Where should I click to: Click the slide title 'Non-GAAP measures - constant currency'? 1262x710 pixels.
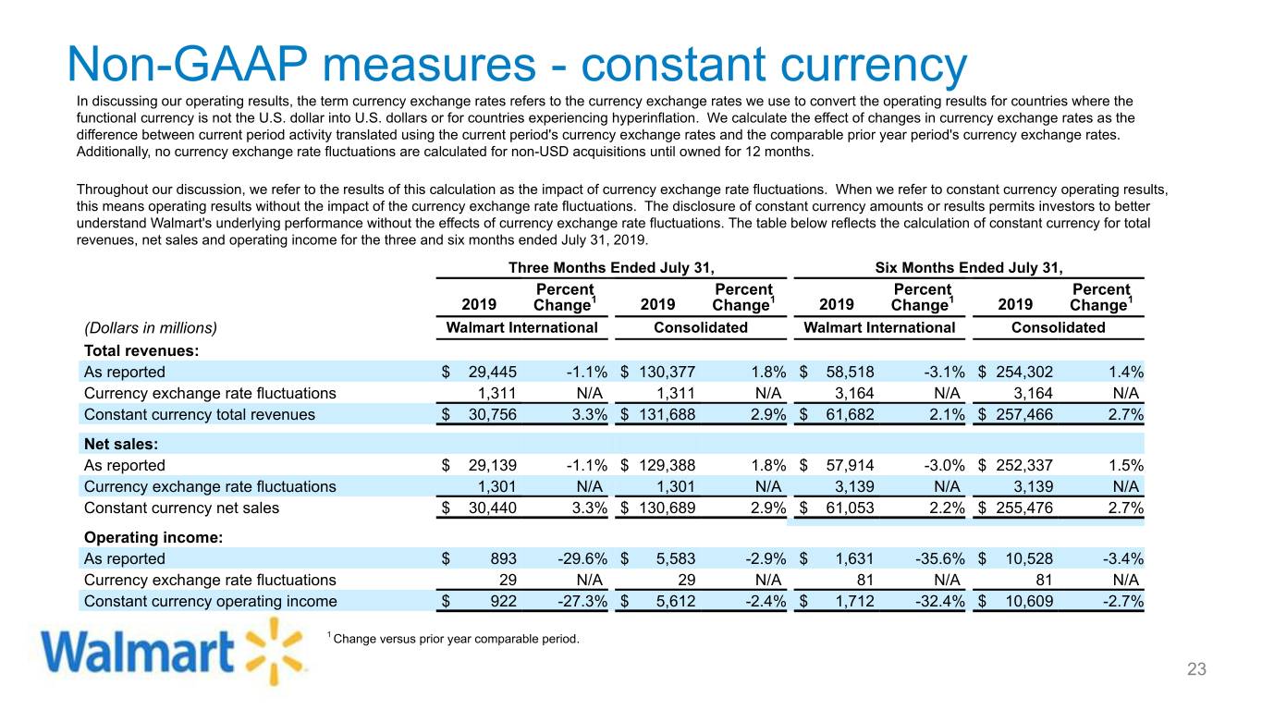coord(517,65)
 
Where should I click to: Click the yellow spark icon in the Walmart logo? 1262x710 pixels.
coord(275,652)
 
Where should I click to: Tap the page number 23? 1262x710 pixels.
coord(1196,669)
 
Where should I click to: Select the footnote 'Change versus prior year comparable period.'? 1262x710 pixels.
coord(457,639)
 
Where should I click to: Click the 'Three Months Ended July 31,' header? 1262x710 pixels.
coord(611,268)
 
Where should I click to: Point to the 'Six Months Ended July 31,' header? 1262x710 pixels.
coord(969,268)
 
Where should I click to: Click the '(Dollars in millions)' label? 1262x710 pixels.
coord(151,328)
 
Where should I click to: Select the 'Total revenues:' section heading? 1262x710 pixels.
coord(141,351)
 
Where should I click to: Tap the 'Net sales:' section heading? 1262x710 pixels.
coord(121,445)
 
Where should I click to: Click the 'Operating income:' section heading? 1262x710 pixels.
coord(153,537)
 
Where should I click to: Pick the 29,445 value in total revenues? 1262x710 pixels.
coord(493,372)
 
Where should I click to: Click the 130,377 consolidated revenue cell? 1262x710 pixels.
coord(668,372)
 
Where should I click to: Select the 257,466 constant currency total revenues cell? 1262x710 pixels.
coord(1024,415)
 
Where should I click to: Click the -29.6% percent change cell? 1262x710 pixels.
coord(582,559)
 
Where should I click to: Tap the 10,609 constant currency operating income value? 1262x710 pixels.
coord(1029,602)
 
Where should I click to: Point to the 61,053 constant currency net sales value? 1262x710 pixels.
coord(851,508)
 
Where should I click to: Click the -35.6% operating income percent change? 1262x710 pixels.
coord(939,559)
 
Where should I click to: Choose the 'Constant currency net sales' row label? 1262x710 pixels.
coord(181,508)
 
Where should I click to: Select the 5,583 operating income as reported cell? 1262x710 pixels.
coord(676,559)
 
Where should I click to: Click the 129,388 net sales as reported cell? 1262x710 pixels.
coord(668,465)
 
